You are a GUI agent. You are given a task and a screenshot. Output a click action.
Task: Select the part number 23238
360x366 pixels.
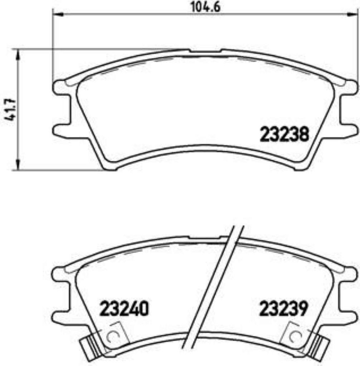(x=284, y=135)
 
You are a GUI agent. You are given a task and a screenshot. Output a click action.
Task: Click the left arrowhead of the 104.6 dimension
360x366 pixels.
(x=57, y=15)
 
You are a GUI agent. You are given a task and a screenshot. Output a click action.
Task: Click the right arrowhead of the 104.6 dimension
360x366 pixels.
(x=353, y=15)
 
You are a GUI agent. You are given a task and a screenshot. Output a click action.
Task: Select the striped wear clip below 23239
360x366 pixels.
(x=319, y=345)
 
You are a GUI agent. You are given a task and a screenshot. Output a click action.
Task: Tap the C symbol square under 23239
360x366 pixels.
(x=296, y=336)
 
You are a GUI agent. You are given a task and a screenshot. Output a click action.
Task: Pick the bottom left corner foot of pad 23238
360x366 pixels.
(x=109, y=167)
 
